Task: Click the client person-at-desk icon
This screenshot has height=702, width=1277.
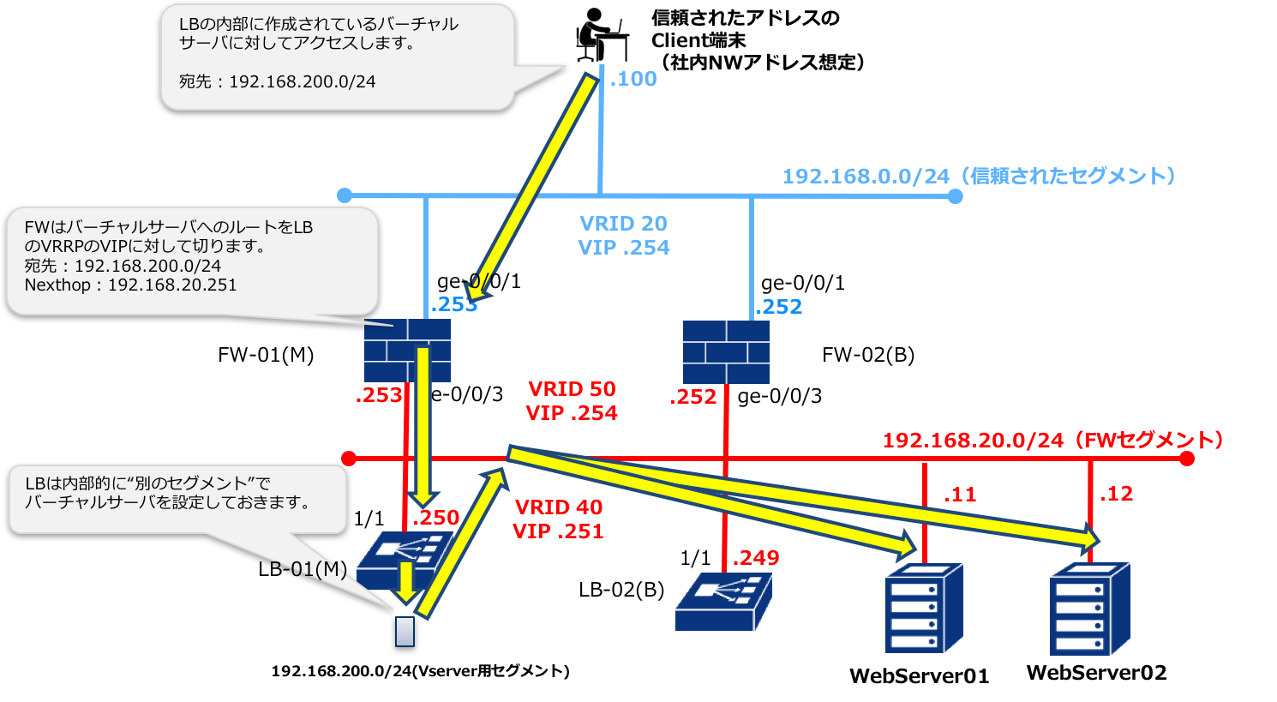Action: click(x=602, y=34)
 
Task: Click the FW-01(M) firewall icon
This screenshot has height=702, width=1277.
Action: click(x=407, y=351)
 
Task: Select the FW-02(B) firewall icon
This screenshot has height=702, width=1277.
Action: click(x=726, y=351)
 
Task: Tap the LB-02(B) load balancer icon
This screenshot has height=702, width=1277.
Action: click(x=723, y=602)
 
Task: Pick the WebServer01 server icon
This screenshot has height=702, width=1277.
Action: click(x=924, y=608)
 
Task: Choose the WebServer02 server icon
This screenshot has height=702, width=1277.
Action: click(x=1089, y=609)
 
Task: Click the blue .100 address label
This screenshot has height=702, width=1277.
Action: click(x=633, y=79)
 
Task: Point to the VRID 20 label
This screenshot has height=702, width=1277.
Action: click(x=623, y=224)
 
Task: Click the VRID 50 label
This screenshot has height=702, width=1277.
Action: click(x=572, y=389)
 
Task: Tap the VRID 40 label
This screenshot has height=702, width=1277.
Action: click(x=558, y=507)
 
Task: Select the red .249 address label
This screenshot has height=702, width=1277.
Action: click(x=755, y=557)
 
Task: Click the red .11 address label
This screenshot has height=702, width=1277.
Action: click(x=960, y=495)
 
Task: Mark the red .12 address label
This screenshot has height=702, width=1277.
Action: click(x=1116, y=494)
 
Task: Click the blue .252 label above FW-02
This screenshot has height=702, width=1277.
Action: click(x=778, y=307)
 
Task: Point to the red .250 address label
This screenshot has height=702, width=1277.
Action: click(x=435, y=517)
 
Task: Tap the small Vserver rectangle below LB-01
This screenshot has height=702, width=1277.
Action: click(x=405, y=632)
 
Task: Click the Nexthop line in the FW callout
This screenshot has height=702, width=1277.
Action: click(x=130, y=285)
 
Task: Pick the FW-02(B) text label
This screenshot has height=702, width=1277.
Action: click(x=867, y=355)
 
